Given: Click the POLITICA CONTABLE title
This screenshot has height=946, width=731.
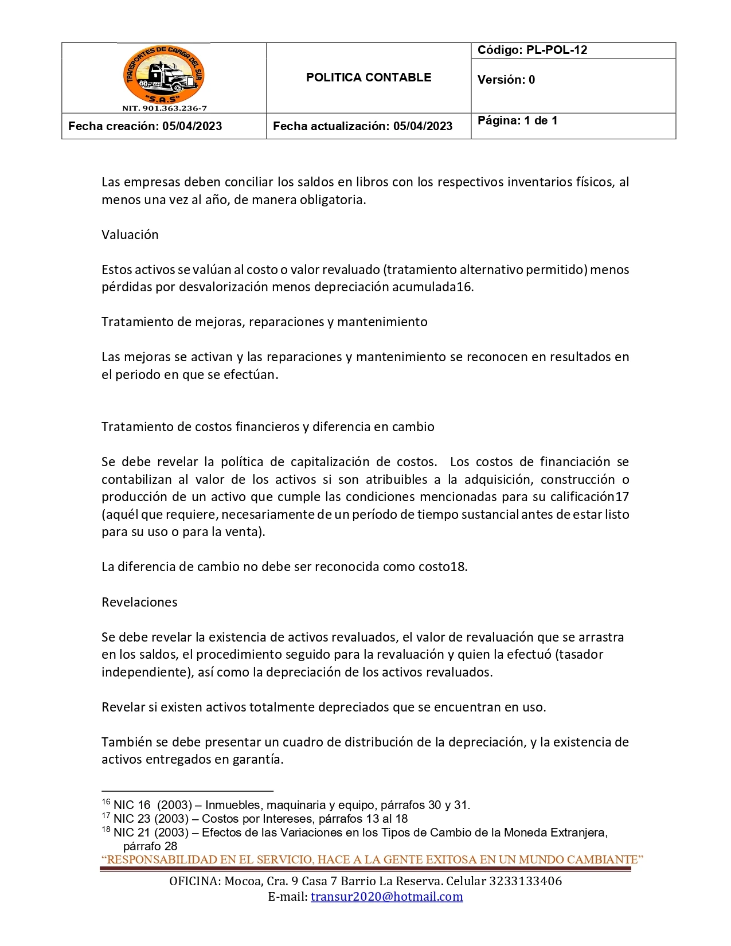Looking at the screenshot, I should click(368, 77).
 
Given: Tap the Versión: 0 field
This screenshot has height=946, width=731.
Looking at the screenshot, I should click(506, 80).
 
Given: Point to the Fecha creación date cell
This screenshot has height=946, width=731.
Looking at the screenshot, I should click(145, 126).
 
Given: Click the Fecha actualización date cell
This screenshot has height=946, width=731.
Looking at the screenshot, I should click(362, 126).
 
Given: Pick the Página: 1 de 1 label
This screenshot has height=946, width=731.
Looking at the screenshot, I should click(517, 120).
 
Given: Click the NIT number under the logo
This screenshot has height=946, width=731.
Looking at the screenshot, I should click(164, 108).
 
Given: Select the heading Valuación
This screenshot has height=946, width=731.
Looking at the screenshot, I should click(130, 234).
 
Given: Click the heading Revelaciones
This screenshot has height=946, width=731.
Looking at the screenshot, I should click(139, 602).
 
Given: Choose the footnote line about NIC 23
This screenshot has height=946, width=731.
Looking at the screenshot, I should click(255, 819).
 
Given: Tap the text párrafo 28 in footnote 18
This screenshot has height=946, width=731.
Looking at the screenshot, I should click(150, 846).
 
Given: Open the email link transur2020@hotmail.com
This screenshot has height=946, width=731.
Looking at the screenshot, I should click(386, 897).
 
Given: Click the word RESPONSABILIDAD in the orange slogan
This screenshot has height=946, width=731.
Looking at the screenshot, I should click(162, 859).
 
